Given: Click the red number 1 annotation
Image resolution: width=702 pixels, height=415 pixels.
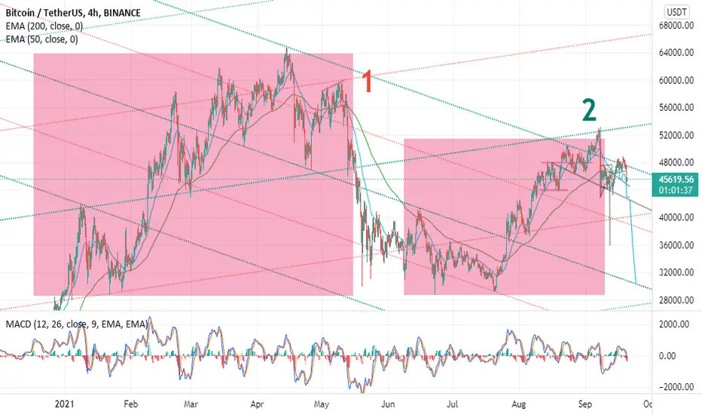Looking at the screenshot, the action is tap(367, 81).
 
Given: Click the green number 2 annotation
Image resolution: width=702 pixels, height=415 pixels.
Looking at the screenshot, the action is tap(589, 110).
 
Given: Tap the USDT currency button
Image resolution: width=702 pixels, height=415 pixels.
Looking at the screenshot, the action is tap(677, 11).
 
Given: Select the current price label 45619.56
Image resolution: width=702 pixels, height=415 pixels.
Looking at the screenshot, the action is tap(676, 180).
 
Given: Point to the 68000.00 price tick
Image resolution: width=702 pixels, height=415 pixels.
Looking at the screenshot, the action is tap(676, 25).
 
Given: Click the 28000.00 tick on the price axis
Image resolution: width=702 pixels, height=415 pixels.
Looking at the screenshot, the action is tap(676, 300).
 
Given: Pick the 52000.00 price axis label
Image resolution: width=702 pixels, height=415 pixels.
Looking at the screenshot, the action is tap(676, 135).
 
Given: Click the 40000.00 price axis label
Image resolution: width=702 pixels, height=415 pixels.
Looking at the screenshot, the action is tap(676, 217).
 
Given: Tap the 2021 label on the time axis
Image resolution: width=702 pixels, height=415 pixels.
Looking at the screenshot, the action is tap(65, 404).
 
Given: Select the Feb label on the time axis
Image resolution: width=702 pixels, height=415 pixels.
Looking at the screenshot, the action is tap(130, 404).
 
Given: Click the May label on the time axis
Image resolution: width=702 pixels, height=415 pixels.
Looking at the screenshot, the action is tap(322, 404).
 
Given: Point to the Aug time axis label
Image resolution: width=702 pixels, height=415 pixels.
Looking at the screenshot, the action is tap(518, 404).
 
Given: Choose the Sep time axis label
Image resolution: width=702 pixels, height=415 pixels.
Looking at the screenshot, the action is tap(584, 404).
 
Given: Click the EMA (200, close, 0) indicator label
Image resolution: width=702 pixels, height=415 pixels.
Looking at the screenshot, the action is tap(44, 26).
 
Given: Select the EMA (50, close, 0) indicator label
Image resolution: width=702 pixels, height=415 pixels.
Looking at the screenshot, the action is tap(41, 39).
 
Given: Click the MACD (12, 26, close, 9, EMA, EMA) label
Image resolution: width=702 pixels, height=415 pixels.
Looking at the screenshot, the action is tap(77, 324).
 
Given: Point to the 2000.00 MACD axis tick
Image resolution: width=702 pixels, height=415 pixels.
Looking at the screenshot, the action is tap(674, 324).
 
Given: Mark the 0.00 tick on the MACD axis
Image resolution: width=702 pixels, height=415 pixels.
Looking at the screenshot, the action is tap(667, 356).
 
